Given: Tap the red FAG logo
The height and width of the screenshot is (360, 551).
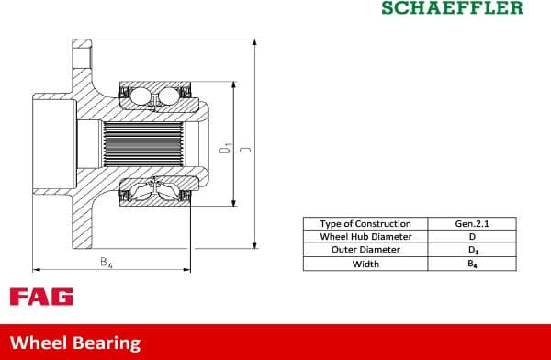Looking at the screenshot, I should click(41, 297).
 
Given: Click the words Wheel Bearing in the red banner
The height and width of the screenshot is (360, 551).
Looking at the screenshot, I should click(76, 343).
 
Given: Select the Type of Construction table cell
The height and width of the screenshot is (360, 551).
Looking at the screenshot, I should click(366, 223).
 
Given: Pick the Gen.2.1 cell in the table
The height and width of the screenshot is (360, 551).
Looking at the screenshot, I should click(472, 223).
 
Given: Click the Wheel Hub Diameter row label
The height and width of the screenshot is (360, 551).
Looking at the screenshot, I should click(366, 236).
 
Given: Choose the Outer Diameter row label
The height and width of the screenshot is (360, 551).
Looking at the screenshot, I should click(366, 250).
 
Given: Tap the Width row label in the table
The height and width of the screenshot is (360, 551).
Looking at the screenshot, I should click(366, 264).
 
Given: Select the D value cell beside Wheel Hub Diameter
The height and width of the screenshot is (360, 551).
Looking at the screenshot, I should click(472, 236).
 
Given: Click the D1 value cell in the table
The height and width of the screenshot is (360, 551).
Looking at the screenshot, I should click(472, 250).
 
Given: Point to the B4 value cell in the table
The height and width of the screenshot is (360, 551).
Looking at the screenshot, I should click(472, 264).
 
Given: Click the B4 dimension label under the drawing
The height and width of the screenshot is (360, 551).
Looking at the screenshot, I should click(106, 263).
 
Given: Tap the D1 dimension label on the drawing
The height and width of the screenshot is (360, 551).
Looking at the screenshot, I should click(225, 147).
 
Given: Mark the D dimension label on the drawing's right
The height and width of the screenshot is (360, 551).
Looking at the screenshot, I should click(244, 148).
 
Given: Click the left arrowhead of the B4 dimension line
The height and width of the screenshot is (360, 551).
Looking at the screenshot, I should click(35, 270).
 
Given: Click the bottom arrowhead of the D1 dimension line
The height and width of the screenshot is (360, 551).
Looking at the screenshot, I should click(234, 204).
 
